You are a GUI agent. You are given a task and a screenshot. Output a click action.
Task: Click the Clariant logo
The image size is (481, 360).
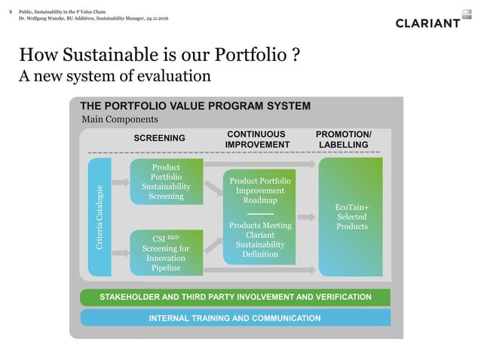427,23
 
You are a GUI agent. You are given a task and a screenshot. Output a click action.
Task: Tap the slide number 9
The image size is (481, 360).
11,11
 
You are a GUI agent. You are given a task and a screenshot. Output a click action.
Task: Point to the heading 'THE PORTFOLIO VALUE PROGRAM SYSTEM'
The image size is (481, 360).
195,106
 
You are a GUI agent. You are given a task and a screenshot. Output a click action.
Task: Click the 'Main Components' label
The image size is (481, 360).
119,120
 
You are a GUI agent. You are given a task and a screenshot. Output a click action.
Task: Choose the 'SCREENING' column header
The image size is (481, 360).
159,139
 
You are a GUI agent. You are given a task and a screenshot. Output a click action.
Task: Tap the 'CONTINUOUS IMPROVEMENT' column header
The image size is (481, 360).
258,139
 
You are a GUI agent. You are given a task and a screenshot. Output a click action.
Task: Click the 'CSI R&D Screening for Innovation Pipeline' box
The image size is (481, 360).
166,251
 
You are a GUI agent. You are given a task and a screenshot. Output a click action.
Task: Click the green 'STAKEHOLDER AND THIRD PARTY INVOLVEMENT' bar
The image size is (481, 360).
235,297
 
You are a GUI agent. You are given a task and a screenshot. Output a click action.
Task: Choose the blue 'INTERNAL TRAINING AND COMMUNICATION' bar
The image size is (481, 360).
235,318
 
